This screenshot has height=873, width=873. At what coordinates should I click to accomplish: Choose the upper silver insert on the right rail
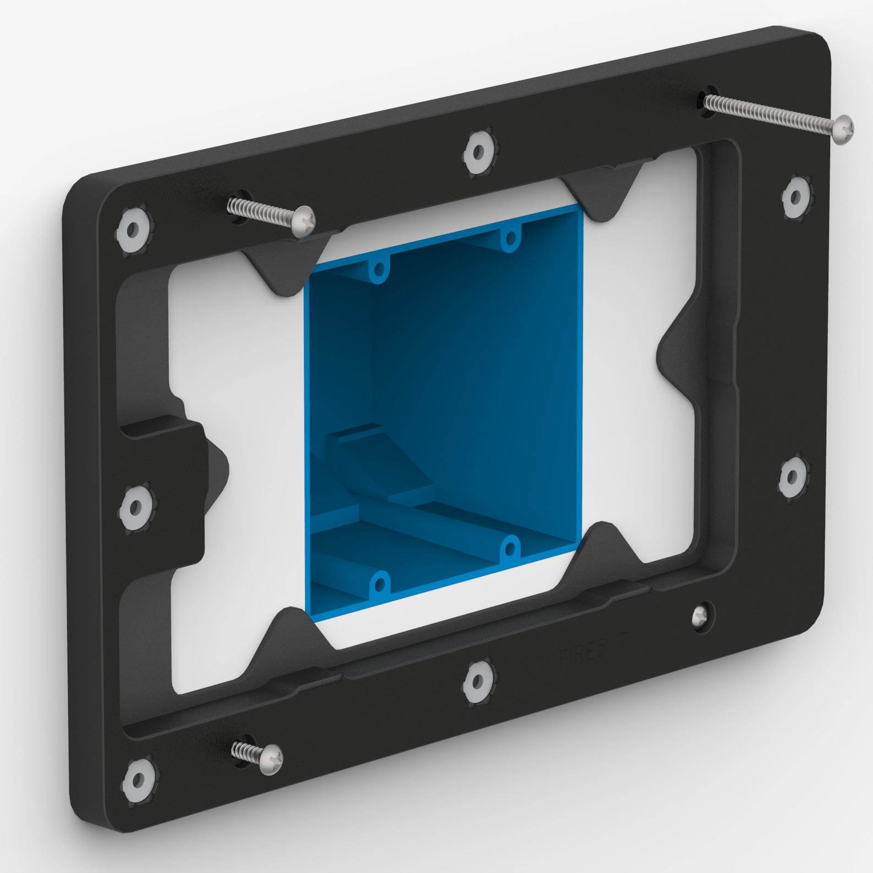(x=795, y=196)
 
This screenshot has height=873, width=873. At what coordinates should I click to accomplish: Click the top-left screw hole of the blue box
(x=378, y=269)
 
